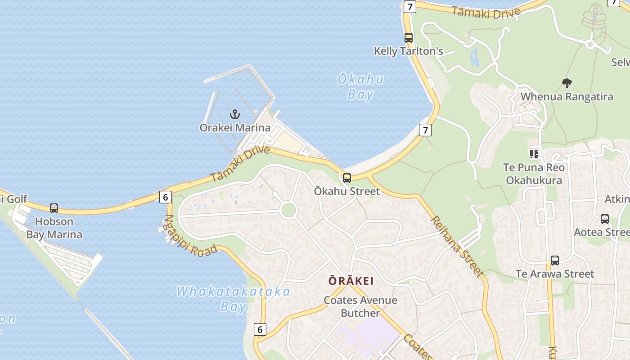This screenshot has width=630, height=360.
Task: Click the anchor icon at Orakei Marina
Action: [234, 114]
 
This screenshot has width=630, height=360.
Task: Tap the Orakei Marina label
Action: [235, 128]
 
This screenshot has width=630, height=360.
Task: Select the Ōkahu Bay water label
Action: [360, 87]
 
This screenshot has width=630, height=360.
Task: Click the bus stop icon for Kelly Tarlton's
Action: [409, 38]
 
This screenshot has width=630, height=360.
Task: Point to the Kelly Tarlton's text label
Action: [409, 51]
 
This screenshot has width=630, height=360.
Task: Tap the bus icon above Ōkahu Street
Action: [346, 178]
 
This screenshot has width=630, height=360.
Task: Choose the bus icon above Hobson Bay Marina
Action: [54, 208]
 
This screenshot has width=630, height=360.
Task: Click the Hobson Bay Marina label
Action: [54, 228]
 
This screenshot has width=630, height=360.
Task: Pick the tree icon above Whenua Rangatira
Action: [567, 83]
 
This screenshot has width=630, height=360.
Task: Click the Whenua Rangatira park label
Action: [567, 97]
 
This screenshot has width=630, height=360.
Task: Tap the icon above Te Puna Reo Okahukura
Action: [534, 154]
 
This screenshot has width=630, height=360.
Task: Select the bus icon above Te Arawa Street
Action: [555, 261]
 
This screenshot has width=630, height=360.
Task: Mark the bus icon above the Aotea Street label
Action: [605, 219]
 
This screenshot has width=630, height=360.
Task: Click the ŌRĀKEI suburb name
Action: [351, 281]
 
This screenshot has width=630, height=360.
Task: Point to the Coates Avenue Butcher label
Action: [360, 306]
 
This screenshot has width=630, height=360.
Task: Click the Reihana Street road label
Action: [457, 246]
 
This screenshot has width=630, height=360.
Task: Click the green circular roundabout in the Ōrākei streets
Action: [288, 210]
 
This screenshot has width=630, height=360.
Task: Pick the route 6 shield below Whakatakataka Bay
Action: [260, 329]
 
